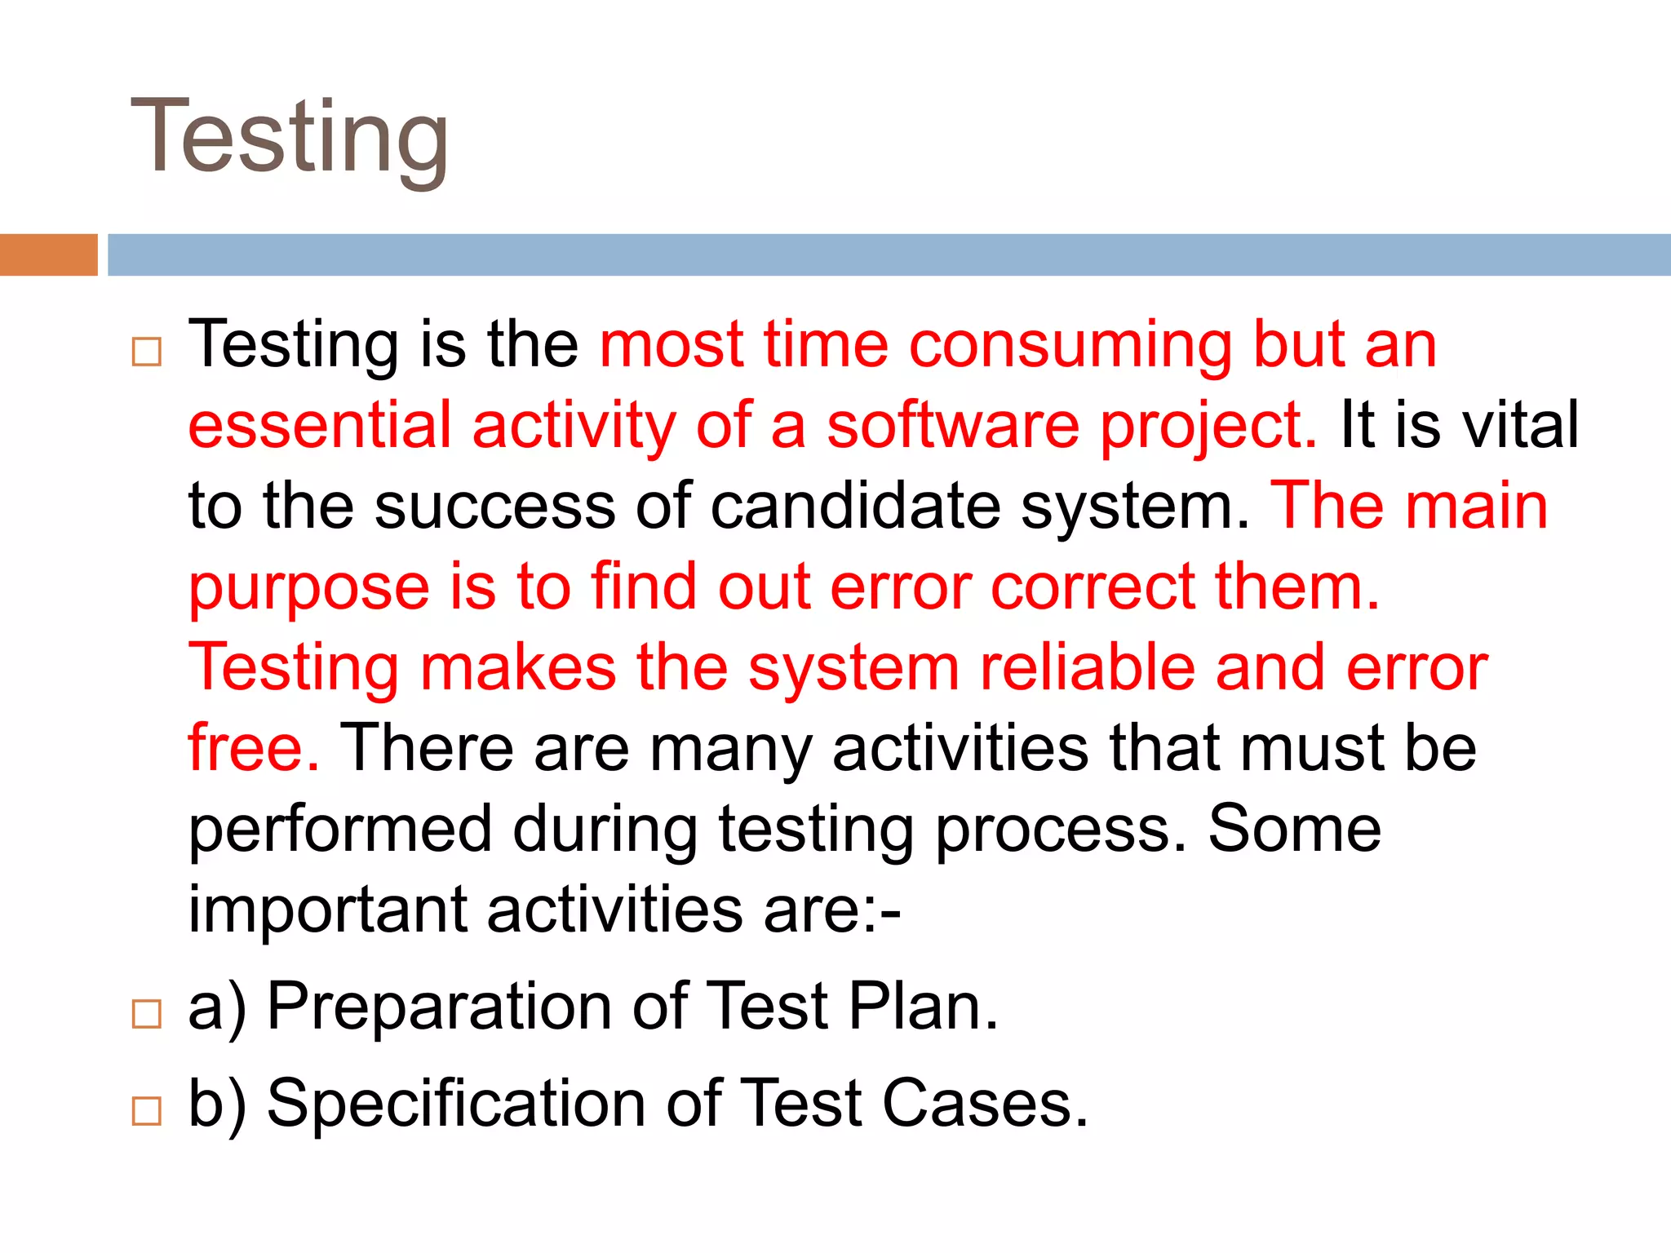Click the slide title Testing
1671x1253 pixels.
click(x=290, y=137)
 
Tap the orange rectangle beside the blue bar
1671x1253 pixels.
click(x=48, y=255)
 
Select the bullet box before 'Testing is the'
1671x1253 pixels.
click(x=146, y=352)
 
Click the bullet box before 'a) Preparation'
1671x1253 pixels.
click(x=146, y=1014)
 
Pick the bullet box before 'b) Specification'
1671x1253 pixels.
click(x=146, y=1110)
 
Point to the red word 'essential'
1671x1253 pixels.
click(x=319, y=425)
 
